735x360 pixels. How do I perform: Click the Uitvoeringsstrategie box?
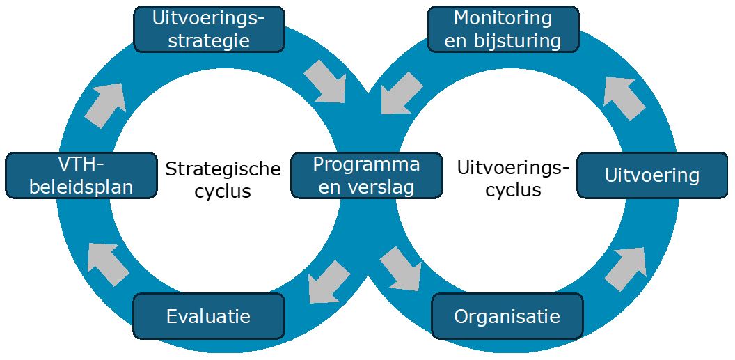tap(209, 29)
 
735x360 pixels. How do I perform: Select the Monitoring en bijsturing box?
tap(503, 29)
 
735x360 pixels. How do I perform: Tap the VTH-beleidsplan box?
tap(81, 175)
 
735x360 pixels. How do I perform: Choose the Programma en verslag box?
tap(367, 175)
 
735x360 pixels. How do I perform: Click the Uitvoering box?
tap(652, 175)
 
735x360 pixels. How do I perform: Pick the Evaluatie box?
tap(208, 316)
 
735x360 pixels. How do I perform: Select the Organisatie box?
tap(507, 316)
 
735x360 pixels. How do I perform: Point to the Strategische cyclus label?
tap(223, 180)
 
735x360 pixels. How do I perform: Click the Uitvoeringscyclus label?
tap(514, 178)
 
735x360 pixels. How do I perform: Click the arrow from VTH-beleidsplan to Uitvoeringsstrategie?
tap(106, 105)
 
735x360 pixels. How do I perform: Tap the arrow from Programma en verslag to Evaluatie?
tap(329, 281)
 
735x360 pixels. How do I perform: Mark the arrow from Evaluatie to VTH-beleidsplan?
tap(108, 264)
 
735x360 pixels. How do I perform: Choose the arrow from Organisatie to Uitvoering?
tap(626, 269)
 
